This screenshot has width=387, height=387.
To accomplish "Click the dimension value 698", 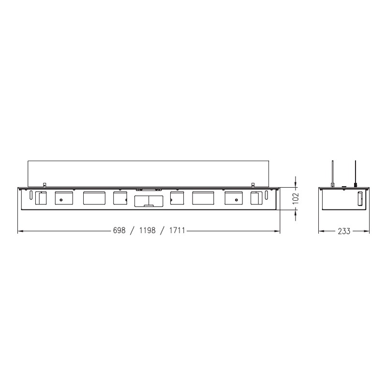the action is pos(119,231).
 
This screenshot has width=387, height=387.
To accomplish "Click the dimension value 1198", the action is pos(148,231).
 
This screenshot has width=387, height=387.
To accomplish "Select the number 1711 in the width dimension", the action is pos(177,231).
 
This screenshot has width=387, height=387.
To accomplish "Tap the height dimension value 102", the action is pos(296,198).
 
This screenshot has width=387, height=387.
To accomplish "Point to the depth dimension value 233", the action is pos(344,231).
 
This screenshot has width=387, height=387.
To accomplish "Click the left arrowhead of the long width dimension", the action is pos(21,231).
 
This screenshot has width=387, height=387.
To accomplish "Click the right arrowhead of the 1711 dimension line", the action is pos(277,231).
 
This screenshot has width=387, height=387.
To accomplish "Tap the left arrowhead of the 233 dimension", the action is pos(321,231).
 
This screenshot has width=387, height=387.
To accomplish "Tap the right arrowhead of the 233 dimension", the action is pos(367,231).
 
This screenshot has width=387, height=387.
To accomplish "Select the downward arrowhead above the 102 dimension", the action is pos(296,184).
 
